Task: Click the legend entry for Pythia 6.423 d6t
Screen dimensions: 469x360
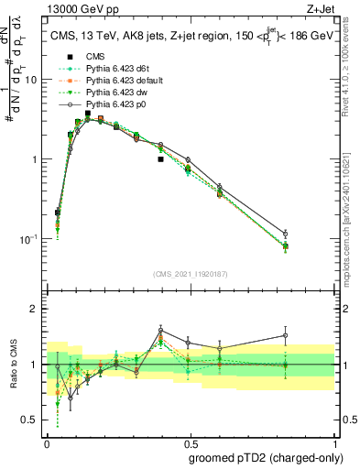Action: [x=112, y=68]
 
